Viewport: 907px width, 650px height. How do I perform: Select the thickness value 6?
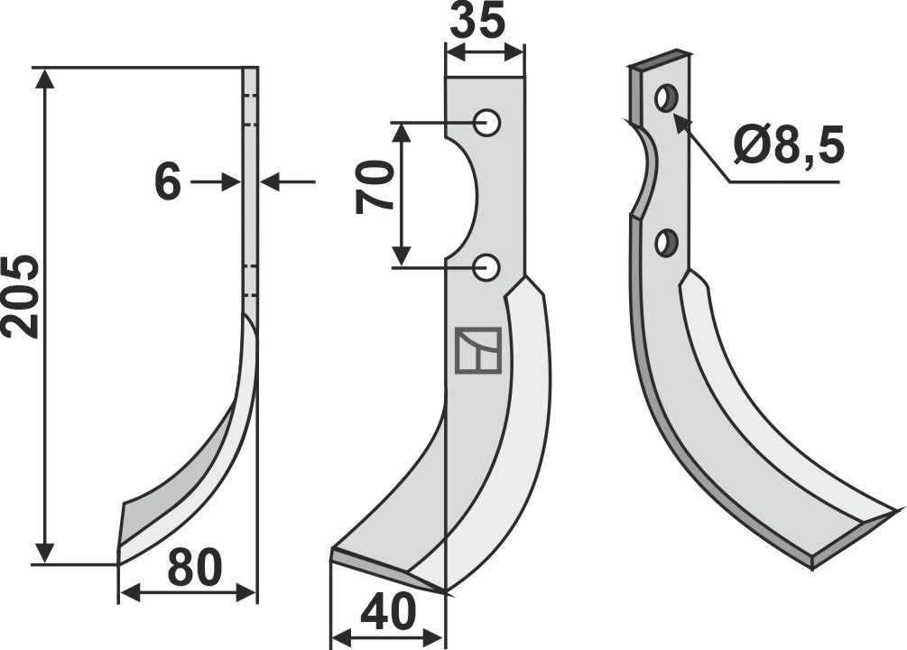[168, 183]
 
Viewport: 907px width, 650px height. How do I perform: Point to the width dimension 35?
[477, 23]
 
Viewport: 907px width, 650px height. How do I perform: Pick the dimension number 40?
[389, 614]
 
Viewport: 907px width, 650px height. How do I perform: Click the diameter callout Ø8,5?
[788, 144]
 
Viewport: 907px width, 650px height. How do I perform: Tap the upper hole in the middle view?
[487, 122]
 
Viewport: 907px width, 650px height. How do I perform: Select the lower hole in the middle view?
[487, 266]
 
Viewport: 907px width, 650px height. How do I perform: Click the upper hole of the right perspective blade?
[667, 97]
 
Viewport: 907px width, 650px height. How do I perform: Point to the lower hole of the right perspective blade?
[667, 242]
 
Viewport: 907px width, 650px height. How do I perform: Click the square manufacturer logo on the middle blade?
[478, 350]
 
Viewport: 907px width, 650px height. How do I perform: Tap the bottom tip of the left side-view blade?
[119, 554]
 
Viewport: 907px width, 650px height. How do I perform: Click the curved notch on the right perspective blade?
[646, 172]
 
